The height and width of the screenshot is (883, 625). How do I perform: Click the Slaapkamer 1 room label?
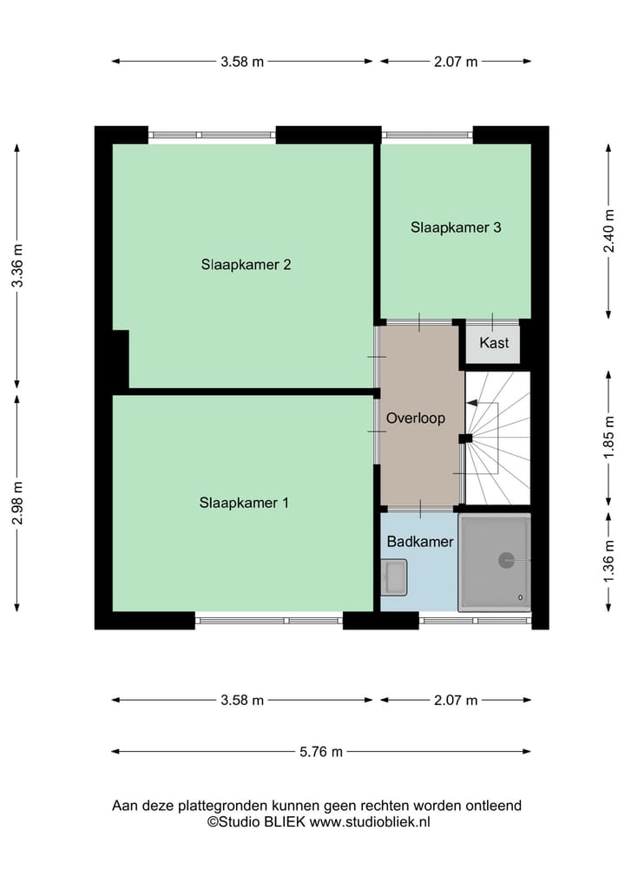click(x=245, y=502)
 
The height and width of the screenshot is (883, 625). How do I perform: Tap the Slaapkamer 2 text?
click(x=246, y=265)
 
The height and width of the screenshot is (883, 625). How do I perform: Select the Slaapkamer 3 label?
click(x=456, y=227)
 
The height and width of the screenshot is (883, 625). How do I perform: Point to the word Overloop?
click(x=416, y=418)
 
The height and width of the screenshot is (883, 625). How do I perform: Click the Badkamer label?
click(x=420, y=542)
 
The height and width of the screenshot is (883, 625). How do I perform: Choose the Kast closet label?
click(x=494, y=343)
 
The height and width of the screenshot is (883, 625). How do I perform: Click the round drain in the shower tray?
click(x=506, y=561)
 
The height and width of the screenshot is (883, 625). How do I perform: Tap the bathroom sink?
click(x=394, y=577)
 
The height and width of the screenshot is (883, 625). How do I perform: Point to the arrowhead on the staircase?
click(x=471, y=403)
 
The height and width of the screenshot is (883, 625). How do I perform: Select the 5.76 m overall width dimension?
click(x=320, y=752)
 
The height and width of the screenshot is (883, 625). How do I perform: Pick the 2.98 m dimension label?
click(x=16, y=504)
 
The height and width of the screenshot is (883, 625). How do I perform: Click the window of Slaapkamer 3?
click(x=427, y=135)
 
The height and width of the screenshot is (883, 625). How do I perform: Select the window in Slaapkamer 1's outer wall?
click(x=268, y=620)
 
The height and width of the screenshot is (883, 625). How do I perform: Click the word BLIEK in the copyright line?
click(x=286, y=821)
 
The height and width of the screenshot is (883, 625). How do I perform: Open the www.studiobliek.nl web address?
click(x=371, y=821)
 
